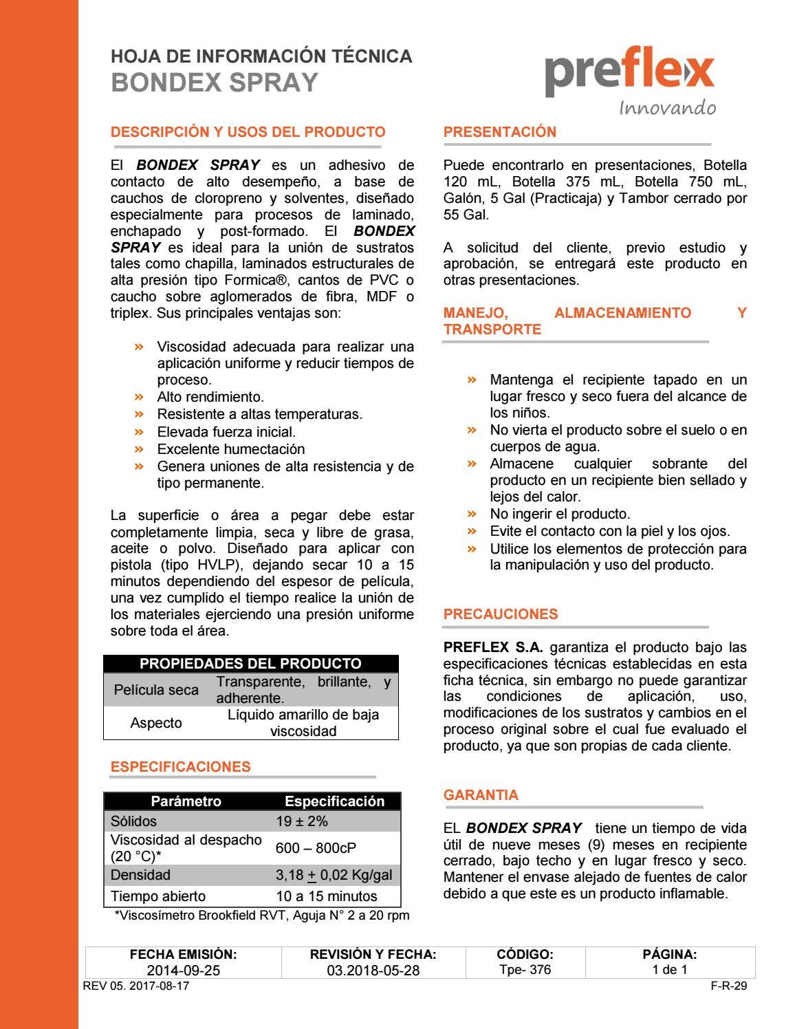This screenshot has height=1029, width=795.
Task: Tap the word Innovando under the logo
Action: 667,108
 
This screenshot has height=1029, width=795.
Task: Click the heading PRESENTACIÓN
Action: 500,132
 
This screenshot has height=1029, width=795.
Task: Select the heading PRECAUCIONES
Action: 501,614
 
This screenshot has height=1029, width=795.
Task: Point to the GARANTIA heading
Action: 481,795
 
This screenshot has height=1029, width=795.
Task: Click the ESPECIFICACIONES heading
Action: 180,767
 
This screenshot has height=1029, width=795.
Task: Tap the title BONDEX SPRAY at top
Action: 215,83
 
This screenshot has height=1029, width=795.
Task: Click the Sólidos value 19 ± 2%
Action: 302,821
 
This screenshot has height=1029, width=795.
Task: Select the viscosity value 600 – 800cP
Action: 316,848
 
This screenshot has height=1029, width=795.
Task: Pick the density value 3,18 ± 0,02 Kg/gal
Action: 334,875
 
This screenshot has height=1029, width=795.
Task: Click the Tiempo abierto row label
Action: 158,896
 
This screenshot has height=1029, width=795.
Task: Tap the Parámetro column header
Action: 186,801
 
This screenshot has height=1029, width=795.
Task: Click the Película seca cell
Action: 156,690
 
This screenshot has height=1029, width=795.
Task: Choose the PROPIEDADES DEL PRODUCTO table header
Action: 250,664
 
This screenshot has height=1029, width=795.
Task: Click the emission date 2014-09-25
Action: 184,971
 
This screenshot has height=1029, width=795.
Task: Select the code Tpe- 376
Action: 525,970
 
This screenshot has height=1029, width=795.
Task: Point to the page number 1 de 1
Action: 670,970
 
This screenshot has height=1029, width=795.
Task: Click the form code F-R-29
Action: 729,986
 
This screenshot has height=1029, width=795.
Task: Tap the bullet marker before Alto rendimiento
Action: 140,397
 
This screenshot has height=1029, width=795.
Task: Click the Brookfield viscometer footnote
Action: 262,916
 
